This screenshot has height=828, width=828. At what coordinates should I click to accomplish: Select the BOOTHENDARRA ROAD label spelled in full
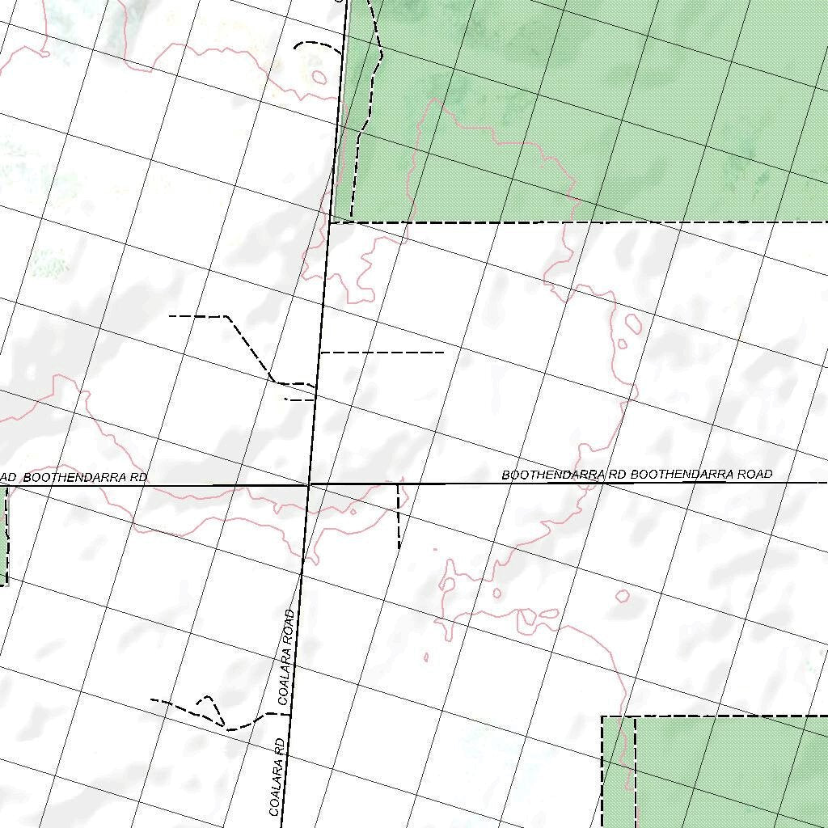tap(701, 474)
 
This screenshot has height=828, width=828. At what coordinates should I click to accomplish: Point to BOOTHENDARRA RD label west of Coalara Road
tap(85, 478)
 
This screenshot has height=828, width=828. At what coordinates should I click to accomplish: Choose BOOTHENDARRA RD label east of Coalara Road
tap(564, 475)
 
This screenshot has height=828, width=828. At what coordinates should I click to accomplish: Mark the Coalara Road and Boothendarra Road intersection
tap(309, 484)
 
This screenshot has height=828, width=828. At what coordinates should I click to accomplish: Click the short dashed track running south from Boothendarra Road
tap(399, 517)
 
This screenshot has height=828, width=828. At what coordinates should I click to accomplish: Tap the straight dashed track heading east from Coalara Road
tap(382, 353)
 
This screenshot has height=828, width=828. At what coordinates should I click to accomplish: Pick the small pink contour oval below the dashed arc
tap(319, 78)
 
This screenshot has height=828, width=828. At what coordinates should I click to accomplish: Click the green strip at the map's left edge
tap(3, 534)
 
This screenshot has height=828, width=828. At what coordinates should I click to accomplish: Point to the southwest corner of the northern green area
tap(332, 222)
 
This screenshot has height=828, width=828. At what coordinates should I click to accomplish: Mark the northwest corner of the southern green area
tap(603, 717)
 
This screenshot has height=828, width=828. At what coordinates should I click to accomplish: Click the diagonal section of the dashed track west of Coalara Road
tap(249, 349)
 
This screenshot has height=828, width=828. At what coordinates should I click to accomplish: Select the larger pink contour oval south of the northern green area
tap(633, 323)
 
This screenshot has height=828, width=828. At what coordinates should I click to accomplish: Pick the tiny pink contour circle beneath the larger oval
tap(622, 344)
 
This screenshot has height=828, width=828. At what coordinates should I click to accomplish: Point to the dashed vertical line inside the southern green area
tap(635, 768)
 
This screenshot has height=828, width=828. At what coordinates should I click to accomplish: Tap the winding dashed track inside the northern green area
tap(368, 97)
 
